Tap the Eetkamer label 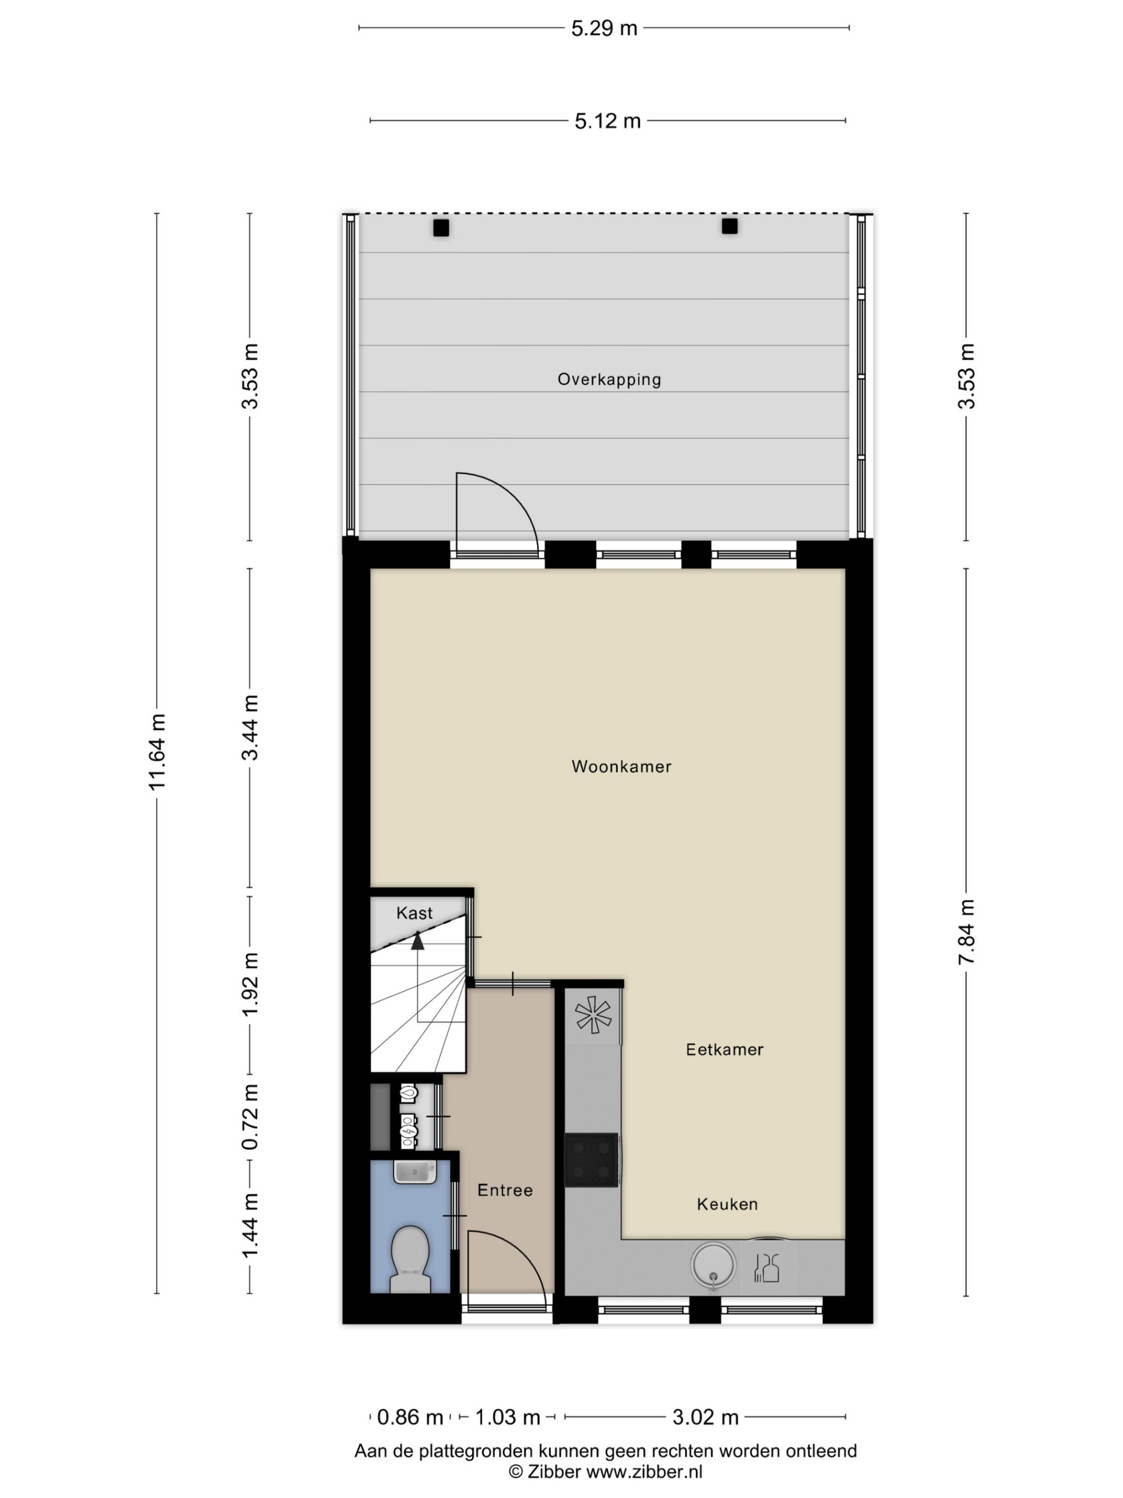724,1049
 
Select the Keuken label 727,1204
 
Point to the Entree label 505,1190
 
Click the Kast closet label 414,913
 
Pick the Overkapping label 609,379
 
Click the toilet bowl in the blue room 410,1258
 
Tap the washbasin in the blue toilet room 415,1172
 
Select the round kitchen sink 713,1264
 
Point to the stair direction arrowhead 418,941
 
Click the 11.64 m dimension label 157,752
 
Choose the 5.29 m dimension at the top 604,28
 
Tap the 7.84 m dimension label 966,932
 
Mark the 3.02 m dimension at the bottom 705,1416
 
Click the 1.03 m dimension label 508,1416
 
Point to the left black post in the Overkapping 441,228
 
